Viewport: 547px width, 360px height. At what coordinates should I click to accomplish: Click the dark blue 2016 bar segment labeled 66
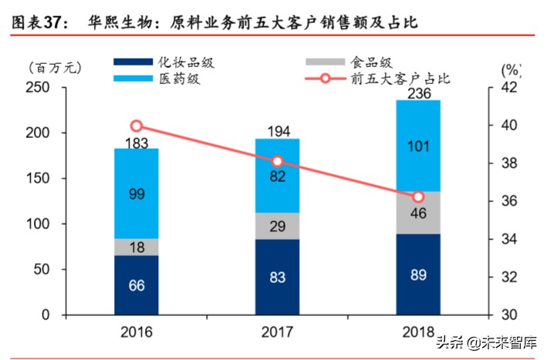[x=137, y=285]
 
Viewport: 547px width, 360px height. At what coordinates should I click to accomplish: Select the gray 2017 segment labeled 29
[x=277, y=226]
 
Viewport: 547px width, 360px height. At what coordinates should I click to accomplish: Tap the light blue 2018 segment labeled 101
[x=417, y=146]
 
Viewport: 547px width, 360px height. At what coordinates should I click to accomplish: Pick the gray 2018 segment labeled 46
[x=417, y=213]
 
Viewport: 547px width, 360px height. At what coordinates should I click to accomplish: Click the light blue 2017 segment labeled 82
[x=277, y=176]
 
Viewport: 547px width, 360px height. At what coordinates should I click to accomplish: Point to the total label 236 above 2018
[x=417, y=93]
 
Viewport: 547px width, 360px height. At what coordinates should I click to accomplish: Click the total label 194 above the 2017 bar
[x=277, y=132]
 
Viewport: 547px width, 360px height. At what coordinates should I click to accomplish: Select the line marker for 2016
[x=137, y=126]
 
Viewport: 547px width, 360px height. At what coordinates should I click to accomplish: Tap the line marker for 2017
[x=278, y=162]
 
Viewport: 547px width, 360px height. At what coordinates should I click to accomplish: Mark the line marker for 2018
[x=417, y=197]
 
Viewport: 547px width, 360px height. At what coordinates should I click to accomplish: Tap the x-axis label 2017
[x=277, y=333]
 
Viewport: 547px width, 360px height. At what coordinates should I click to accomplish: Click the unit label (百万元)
[x=56, y=70]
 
